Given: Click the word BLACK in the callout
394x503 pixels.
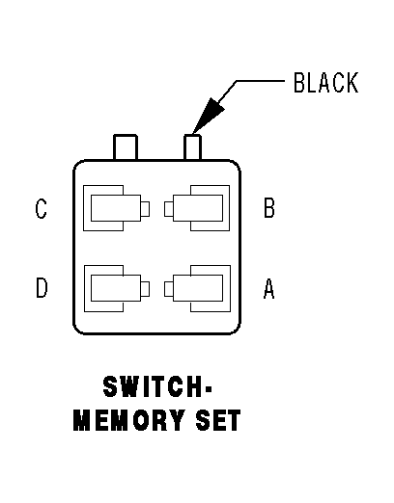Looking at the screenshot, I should (x=325, y=83).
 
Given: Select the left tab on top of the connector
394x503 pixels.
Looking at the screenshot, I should (x=126, y=147).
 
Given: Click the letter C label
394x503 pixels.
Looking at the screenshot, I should (x=41, y=209).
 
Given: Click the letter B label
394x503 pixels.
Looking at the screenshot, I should (x=269, y=209).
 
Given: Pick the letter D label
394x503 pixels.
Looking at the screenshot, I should (x=41, y=288).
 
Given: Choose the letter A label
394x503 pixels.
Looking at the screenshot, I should (x=269, y=288).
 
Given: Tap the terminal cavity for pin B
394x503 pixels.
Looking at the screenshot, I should (x=201, y=208).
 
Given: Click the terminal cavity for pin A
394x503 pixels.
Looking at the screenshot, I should (x=201, y=287).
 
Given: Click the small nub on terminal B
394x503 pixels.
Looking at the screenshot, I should (x=169, y=208).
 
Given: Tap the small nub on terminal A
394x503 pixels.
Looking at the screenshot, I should (x=169, y=287).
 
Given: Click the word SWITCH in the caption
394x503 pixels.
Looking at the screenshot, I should (x=153, y=388).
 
